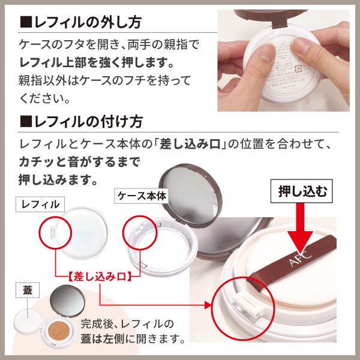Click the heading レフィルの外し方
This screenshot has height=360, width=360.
(x=88, y=23)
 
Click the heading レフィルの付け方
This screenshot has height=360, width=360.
(x=88, y=122)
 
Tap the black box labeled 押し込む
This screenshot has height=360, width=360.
(x=303, y=192)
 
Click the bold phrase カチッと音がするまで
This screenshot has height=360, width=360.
(x=79, y=162)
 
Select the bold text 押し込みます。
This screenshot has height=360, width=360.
(x=58, y=179)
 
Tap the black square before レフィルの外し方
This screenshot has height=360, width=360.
(x=25, y=23)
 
